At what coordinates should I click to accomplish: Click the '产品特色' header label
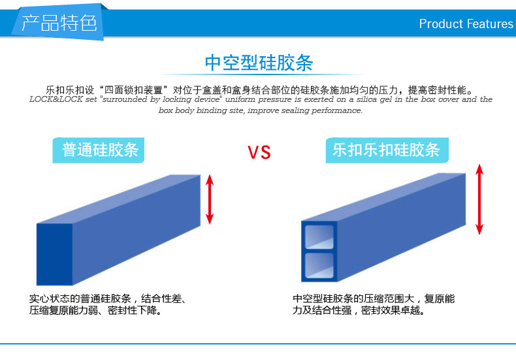(x=59, y=24)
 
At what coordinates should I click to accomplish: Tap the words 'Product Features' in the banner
(x=466, y=24)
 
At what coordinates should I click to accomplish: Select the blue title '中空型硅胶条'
(x=259, y=63)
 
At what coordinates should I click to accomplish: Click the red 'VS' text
(x=259, y=152)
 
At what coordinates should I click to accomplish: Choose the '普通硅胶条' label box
(x=99, y=150)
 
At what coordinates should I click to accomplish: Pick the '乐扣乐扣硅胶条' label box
(x=387, y=150)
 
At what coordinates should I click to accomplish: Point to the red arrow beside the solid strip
(x=210, y=199)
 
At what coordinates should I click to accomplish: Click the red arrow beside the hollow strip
(x=479, y=199)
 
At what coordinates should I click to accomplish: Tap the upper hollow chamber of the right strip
(x=319, y=237)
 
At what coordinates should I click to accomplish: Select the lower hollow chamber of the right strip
(x=319, y=265)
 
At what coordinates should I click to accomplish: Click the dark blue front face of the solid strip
(x=54, y=254)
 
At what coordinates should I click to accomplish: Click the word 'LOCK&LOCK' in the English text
(x=56, y=99)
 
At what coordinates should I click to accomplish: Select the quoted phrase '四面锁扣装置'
(x=134, y=90)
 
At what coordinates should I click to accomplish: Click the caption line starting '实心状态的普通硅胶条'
(x=108, y=299)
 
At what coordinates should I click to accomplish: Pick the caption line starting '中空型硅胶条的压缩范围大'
(x=374, y=299)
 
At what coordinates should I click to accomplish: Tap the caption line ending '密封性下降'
(x=95, y=310)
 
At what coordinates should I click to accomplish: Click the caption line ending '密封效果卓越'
(x=359, y=310)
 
